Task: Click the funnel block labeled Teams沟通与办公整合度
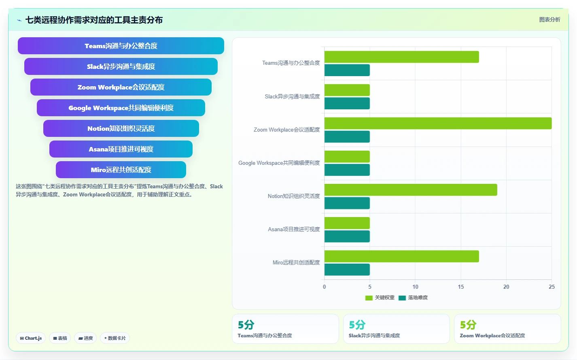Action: [x=121, y=46]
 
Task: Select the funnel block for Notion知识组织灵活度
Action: [x=121, y=128]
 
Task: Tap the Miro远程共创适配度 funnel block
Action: [x=121, y=170]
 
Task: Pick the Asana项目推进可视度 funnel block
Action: [x=121, y=149]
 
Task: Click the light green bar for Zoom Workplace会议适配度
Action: [x=438, y=123]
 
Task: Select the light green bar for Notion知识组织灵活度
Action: [x=411, y=190]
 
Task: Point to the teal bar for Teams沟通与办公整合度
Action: [x=347, y=70]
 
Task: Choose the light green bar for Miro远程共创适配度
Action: [x=401, y=256]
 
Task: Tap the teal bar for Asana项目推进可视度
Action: [x=347, y=236]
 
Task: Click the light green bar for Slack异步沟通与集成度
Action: [x=347, y=90]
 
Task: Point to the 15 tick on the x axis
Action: [x=460, y=287]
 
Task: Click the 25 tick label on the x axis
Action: [x=552, y=287]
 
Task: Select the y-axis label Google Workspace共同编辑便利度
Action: [x=279, y=163]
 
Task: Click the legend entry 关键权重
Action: [x=380, y=298]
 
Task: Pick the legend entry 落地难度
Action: [x=413, y=298]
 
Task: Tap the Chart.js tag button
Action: [x=31, y=338]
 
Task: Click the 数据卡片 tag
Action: [x=115, y=338]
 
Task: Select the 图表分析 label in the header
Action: [x=550, y=19]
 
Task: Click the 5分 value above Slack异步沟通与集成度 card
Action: [x=357, y=325]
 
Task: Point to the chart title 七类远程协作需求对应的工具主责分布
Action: [x=94, y=20]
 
